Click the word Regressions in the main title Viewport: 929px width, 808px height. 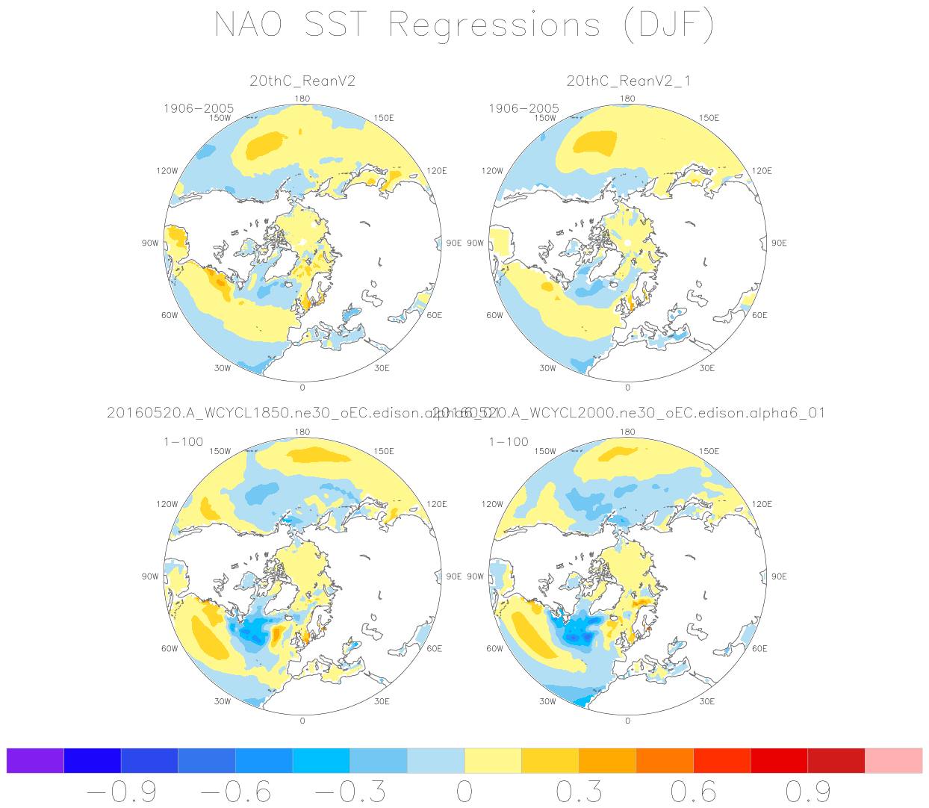tap(494, 26)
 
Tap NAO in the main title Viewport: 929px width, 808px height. tap(249, 25)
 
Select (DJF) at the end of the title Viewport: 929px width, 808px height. tap(668, 26)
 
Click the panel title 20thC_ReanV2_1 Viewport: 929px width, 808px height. tap(628, 81)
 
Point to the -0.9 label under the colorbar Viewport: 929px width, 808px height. tap(121, 792)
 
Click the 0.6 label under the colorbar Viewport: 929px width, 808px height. tap(693, 792)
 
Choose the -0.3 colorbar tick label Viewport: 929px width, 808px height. tap(350, 792)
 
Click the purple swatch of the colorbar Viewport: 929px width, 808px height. tap(35, 760)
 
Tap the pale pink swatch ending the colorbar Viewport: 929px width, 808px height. tap(893, 760)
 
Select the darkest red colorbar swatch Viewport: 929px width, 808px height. tap(836, 760)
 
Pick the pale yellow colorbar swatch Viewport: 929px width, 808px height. tap(493, 760)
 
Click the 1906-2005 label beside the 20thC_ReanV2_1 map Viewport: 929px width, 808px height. tap(523, 108)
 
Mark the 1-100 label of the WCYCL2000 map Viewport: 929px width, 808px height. tap(509, 441)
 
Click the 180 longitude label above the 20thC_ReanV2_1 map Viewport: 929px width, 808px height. tap(628, 99)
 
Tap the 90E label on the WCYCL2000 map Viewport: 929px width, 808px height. tap(779, 577)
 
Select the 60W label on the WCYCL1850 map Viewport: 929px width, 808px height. tap(170, 648)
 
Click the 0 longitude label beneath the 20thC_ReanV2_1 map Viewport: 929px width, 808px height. tap(627, 388)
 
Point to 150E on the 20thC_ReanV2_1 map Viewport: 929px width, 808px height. tap(709, 118)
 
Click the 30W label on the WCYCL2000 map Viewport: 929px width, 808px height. tap(547, 701)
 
